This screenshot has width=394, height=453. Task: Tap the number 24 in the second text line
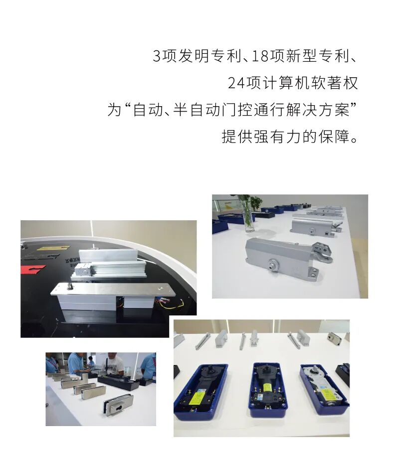pos(235,83)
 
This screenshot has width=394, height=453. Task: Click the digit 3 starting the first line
pos(157,56)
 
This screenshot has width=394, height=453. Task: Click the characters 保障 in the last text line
pos(331,136)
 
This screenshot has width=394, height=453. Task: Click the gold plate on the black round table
pos(52,248)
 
